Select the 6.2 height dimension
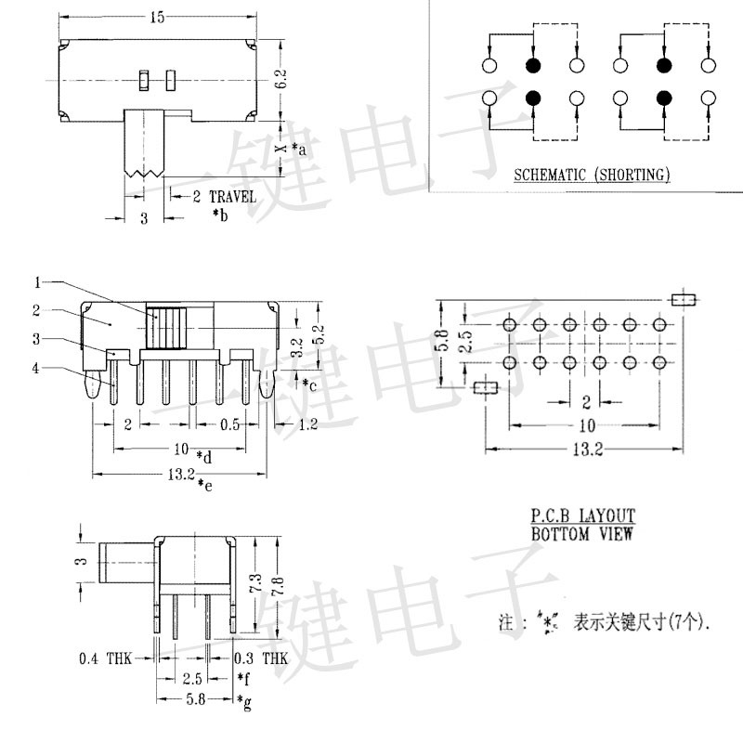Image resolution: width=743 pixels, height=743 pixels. (281, 80)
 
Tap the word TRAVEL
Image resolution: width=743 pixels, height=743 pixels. (230, 197)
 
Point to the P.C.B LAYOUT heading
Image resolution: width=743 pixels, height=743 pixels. (582, 515)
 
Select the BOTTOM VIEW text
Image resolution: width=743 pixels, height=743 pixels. (582, 534)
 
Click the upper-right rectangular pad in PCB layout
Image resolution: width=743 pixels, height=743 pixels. (683, 299)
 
